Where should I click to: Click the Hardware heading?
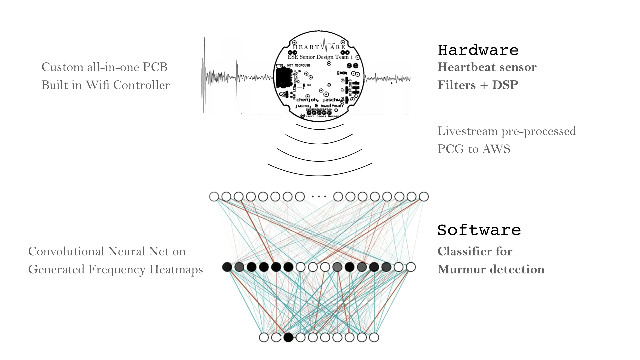pyautogui.click(x=478, y=50)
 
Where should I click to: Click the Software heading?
pyautogui.click(x=479, y=230)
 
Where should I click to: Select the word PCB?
pyautogui.click(x=155, y=67)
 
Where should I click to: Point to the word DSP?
pyautogui.click(x=505, y=85)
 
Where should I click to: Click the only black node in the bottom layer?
pyautogui.click(x=288, y=337)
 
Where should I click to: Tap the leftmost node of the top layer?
pyautogui.click(x=214, y=197)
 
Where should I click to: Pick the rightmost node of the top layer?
pyautogui.click(x=424, y=197)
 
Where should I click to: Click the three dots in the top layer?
pyautogui.click(x=319, y=197)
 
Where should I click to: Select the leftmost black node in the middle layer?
pyautogui.click(x=227, y=267)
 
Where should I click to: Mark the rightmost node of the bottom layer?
pyautogui.click(x=374, y=337)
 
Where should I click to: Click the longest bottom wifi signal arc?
pyautogui.click(x=319, y=175)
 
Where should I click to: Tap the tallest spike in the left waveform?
pyautogui.click(x=204, y=75)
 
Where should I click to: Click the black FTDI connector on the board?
pyautogui.click(x=284, y=77)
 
